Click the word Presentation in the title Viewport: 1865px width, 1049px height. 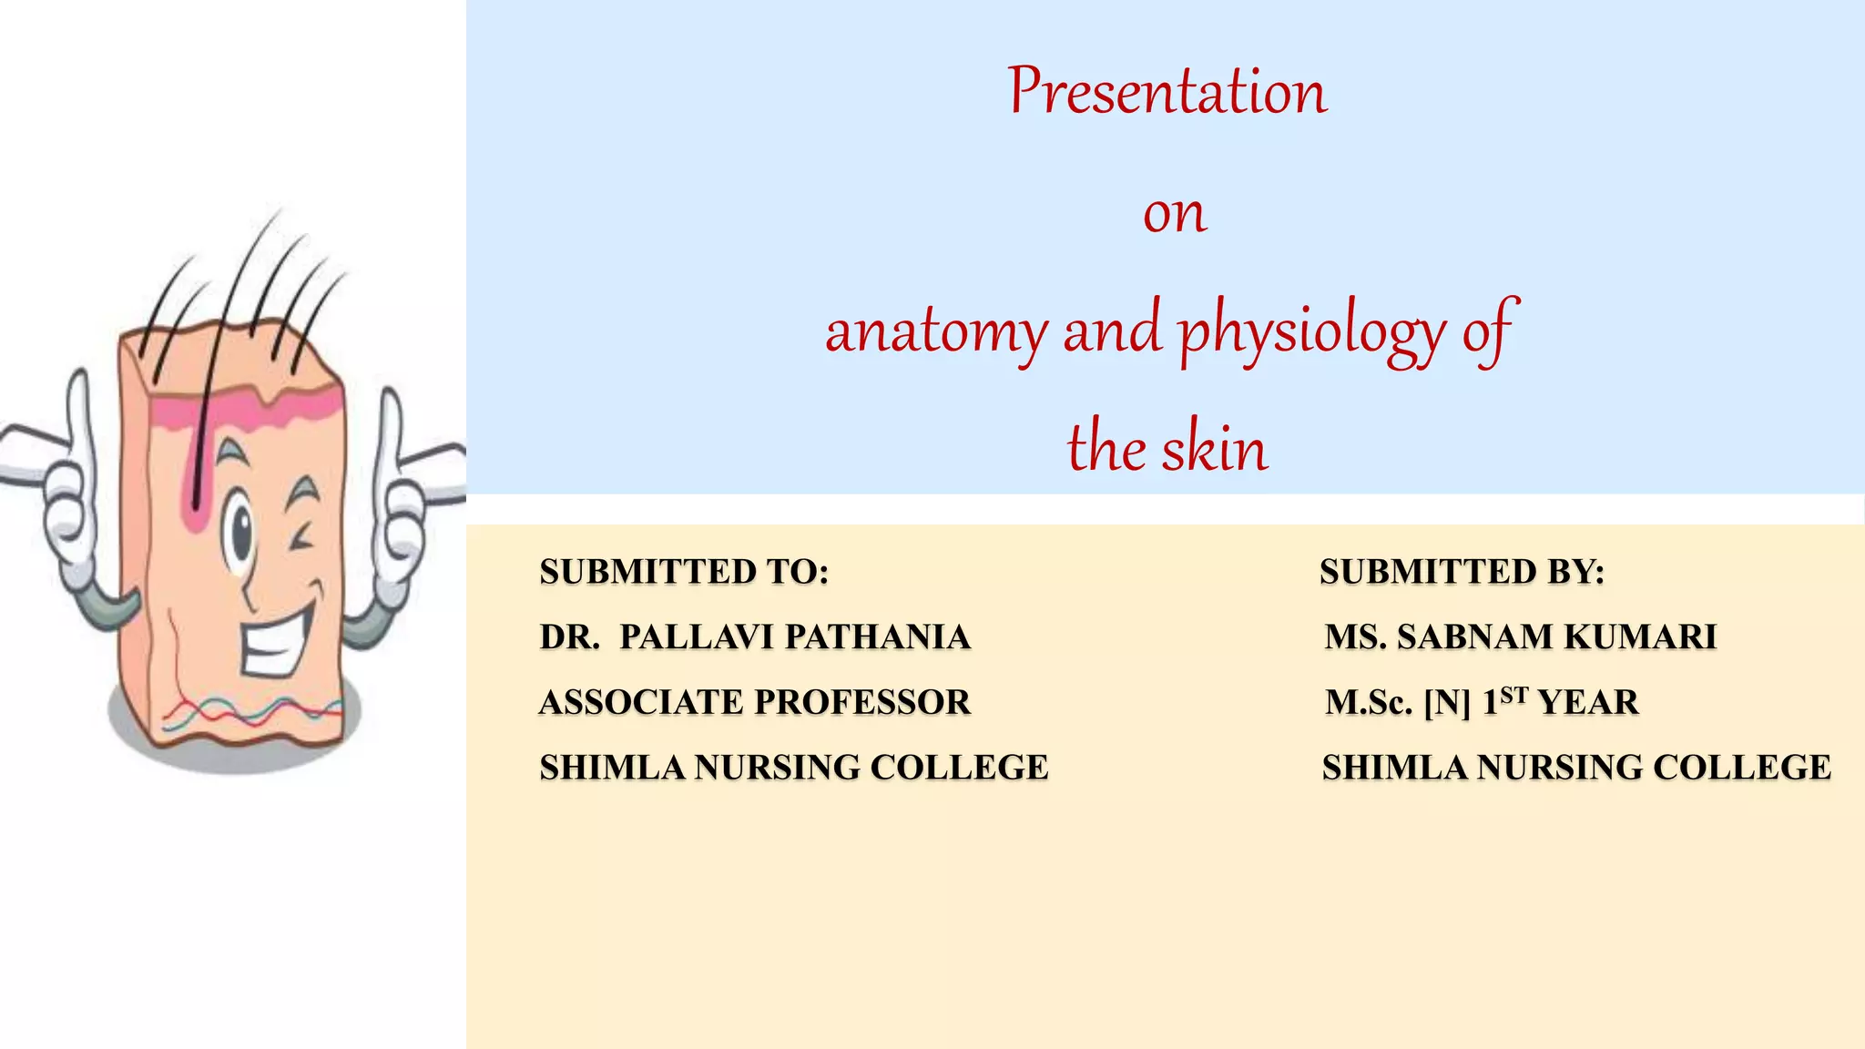point(1167,92)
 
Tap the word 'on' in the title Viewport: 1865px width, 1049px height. point(1175,214)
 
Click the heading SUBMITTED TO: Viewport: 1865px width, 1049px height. point(684,572)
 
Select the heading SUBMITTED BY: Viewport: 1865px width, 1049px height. point(1462,572)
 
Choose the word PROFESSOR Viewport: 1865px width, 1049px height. point(861,703)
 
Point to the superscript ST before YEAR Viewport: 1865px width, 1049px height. point(1513,695)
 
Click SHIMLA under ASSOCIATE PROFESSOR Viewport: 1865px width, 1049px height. point(611,768)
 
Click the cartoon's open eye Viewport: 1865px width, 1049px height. point(242,533)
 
